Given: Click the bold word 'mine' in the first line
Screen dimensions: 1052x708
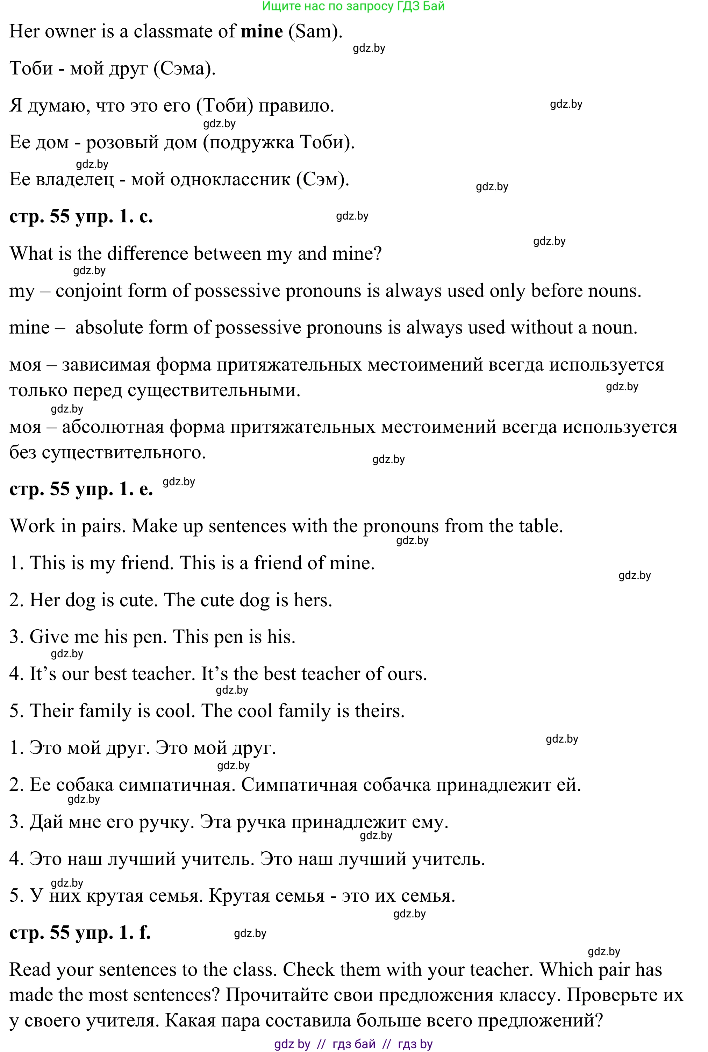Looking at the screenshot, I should [x=262, y=31].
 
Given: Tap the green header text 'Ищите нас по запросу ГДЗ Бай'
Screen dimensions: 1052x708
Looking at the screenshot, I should [x=353, y=6].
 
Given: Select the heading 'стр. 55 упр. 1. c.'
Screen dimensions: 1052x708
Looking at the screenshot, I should [x=81, y=217].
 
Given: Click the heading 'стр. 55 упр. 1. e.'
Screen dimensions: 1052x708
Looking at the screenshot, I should [x=81, y=489].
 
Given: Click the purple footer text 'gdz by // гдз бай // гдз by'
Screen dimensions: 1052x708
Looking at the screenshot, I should [x=353, y=1044].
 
